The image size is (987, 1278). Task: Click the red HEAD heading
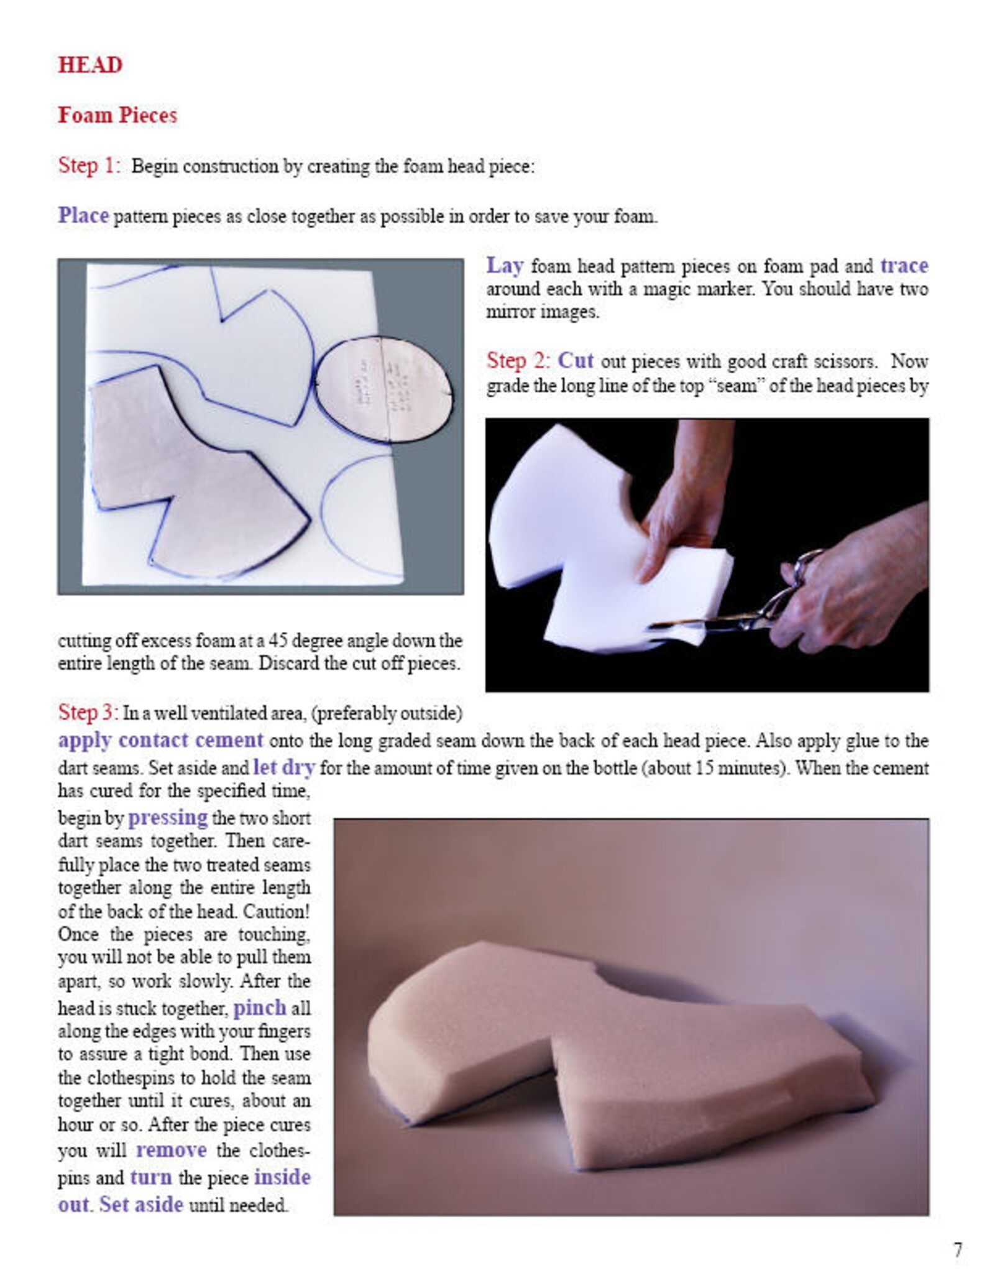[90, 65]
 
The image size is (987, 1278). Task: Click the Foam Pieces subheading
[117, 115]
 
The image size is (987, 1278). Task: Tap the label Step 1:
[88, 165]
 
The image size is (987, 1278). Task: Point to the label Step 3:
[88, 711]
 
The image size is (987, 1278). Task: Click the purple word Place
[83, 215]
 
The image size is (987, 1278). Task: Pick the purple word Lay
[504, 266]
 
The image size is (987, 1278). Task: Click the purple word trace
[904, 266]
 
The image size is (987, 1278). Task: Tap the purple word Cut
[575, 360]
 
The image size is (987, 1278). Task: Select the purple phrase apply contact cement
[160, 740]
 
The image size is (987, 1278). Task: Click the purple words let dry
[284, 767]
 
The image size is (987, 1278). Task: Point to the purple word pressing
[168, 817]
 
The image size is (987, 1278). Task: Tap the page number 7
[958, 1250]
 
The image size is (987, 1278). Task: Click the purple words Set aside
[141, 1205]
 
